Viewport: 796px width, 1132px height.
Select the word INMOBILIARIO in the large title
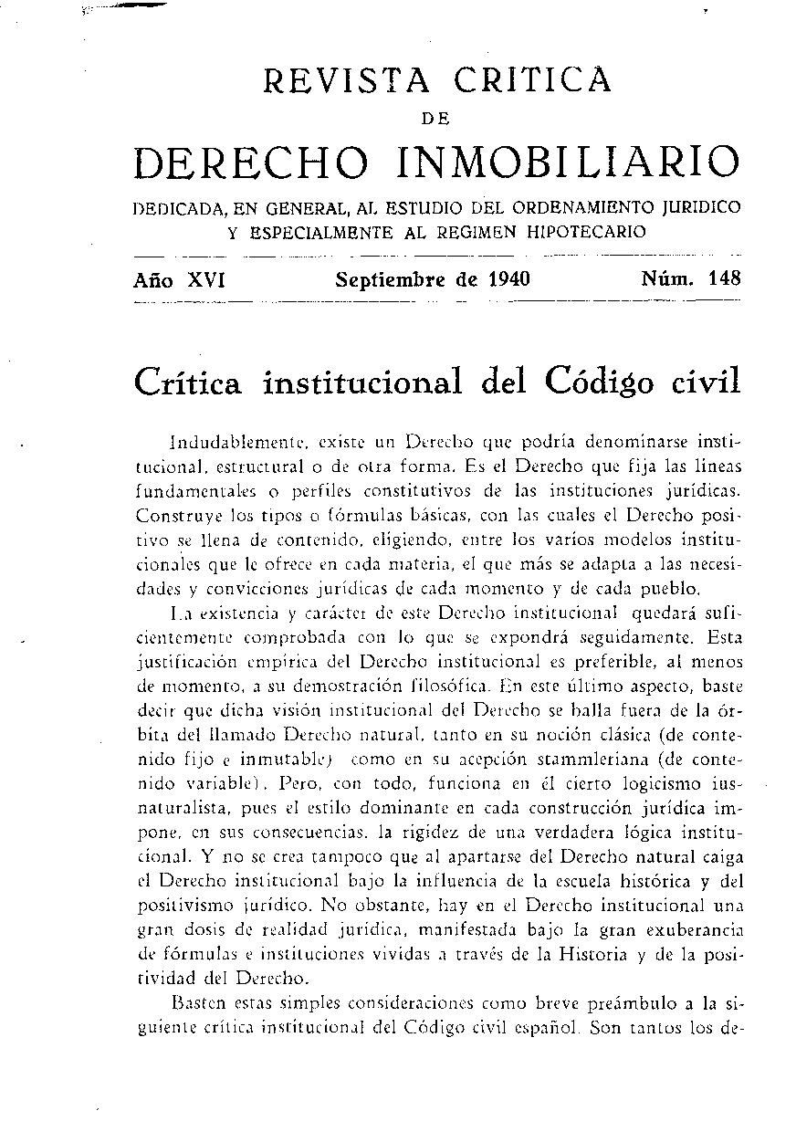pyautogui.click(x=567, y=162)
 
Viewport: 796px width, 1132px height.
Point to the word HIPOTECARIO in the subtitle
pyautogui.click(x=586, y=232)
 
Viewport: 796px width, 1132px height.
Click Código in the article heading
pyautogui.click(x=587, y=382)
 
